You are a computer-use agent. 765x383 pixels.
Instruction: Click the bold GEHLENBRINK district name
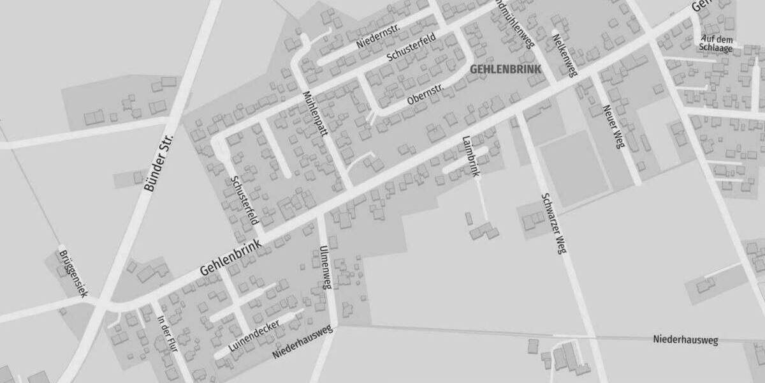click(x=505, y=69)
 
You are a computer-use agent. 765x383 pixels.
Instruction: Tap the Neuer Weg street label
click(x=611, y=126)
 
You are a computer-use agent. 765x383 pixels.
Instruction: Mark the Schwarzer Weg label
click(x=553, y=223)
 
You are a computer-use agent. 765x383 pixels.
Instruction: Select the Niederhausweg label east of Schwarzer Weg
click(x=685, y=340)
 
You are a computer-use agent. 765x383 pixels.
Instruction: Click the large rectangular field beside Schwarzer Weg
click(x=572, y=168)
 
